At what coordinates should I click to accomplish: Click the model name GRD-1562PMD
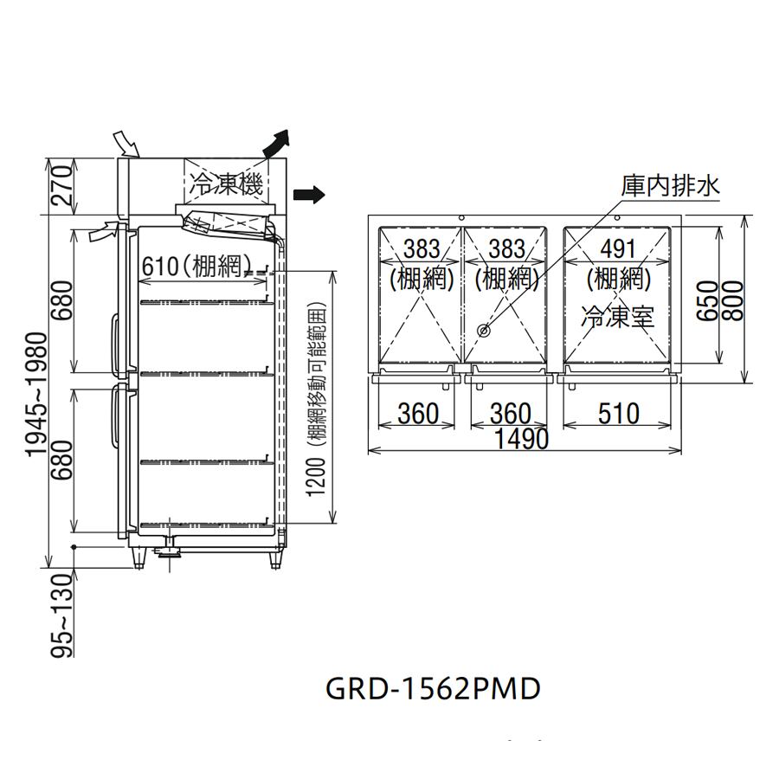433,689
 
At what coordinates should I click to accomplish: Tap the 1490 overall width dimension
522,439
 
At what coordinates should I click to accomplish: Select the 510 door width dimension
618,414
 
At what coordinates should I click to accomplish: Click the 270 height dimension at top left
62,186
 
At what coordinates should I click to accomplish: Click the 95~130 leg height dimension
62,615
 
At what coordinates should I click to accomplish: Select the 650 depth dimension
708,300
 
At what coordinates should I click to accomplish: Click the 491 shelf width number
618,249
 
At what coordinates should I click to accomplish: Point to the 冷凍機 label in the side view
226,185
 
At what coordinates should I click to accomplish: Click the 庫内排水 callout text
670,187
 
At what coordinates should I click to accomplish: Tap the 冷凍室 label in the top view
618,317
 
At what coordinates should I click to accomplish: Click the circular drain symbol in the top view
483,330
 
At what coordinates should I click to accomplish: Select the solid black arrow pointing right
308,194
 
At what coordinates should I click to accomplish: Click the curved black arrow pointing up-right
277,143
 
